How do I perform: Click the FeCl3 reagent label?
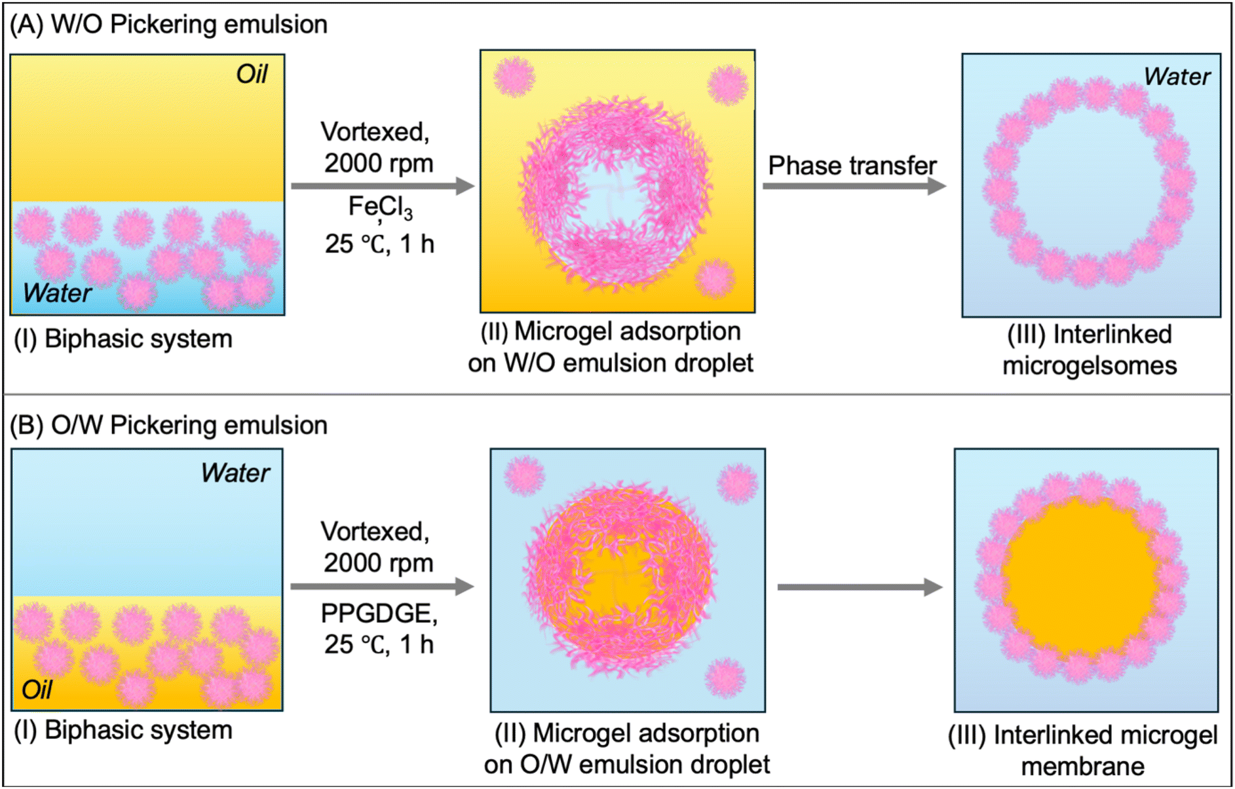[380, 208]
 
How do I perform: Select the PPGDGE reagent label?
[379, 614]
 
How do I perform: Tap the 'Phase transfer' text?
[852, 166]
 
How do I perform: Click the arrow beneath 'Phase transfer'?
[854, 186]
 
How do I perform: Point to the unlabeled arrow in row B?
[860, 587]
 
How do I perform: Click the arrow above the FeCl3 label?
[383, 186]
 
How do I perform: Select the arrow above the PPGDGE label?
[382, 586]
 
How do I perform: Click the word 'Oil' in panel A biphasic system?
[252, 74]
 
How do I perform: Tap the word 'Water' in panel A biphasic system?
[57, 293]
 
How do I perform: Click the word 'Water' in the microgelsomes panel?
[1177, 77]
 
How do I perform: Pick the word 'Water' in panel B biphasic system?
[235, 473]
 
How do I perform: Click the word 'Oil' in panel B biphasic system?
[37, 689]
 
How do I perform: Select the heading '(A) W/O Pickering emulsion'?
[168, 24]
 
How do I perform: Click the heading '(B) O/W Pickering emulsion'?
[168, 425]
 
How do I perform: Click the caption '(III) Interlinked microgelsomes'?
[1090, 350]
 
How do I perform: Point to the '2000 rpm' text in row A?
[379, 163]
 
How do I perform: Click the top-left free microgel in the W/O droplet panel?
[514, 77]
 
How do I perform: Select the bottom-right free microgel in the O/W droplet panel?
[725, 678]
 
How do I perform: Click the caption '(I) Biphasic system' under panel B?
[123, 730]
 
